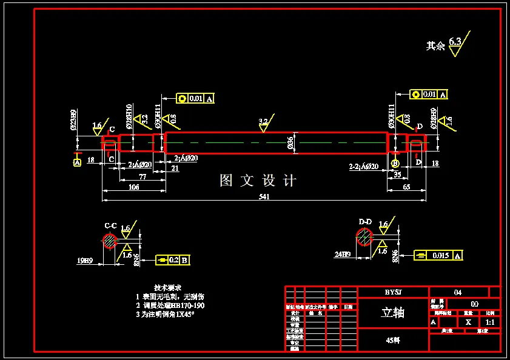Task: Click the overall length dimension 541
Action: point(264,196)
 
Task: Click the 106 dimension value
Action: point(134,187)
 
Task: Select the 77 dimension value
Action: point(143,176)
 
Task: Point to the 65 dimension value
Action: point(406,187)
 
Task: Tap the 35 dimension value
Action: point(397,175)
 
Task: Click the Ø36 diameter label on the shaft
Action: point(290,143)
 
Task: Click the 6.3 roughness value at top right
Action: point(455,41)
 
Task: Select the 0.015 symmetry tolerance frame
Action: point(438,256)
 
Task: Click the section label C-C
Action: point(110,225)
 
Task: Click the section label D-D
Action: point(365,222)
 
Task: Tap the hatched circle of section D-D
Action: point(364,237)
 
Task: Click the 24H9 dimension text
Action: point(341,254)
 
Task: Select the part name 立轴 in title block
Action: point(392,313)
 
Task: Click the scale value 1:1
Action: point(490,322)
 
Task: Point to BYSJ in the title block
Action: point(393,292)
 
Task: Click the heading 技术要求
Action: point(167,287)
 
